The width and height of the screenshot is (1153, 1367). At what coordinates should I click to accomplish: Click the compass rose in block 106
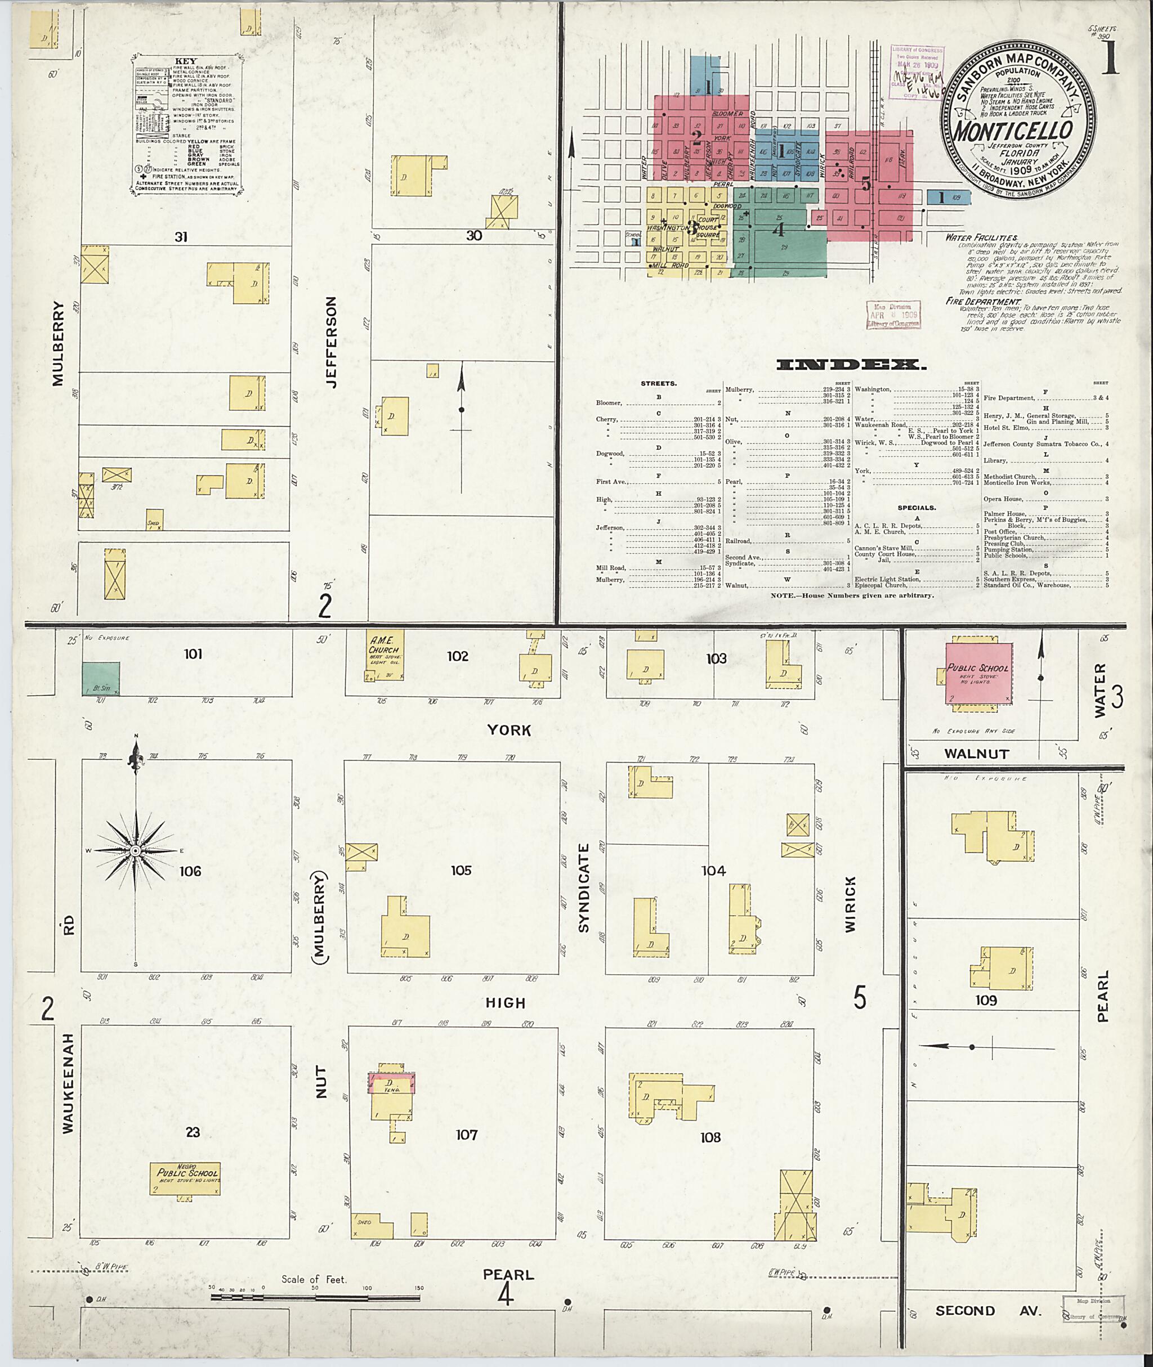click(135, 851)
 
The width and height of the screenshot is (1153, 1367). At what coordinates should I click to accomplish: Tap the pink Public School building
click(978, 674)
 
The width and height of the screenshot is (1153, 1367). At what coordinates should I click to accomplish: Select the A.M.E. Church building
click(384, 653)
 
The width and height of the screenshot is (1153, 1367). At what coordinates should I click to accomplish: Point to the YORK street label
click(508, 730)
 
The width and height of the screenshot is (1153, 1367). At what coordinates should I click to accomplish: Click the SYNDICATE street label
click(584, 888)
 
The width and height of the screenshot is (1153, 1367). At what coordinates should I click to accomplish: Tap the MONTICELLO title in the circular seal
click(1012, 129)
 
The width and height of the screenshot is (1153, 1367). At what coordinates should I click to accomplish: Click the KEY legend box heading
click(186, 61)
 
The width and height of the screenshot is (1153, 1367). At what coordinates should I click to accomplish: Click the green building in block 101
click(101, 678)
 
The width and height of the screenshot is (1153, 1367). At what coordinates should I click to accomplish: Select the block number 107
click(467, 1135)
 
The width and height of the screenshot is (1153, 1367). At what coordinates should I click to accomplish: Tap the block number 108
click(710, 1137)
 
